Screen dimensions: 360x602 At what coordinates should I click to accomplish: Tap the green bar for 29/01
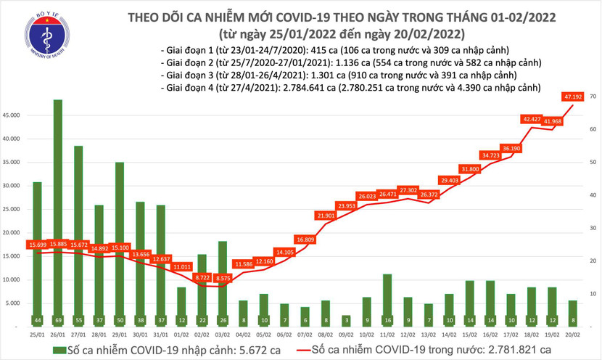pos(119,240)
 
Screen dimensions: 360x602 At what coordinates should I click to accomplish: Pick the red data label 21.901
pos(326,216)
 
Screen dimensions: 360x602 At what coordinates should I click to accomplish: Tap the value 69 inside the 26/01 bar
pos(57,320)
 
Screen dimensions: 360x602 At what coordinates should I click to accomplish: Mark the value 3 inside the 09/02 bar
pos(347,320)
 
